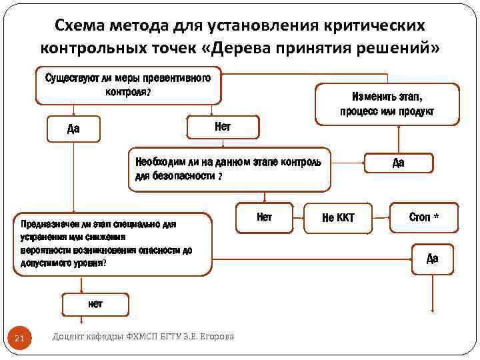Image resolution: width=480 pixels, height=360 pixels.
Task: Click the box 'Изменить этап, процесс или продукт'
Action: (x=387, y=103)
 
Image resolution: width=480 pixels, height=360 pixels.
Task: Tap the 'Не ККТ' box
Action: (x=338, y=217)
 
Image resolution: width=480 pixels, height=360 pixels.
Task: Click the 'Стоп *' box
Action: (x=424, y=217)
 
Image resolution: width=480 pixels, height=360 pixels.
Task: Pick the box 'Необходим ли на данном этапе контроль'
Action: (x=229, y=169)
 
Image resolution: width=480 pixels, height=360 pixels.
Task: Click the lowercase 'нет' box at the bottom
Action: (x=95, y=303)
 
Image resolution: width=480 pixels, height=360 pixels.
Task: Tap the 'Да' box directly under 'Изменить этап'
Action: (x=398, y=163)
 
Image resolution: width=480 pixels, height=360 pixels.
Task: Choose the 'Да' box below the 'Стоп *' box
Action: (x=432, y=258)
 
